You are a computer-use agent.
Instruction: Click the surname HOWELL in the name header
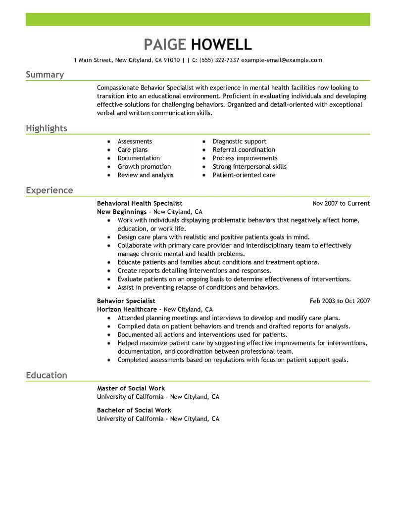point(221,44)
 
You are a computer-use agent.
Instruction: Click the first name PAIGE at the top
point(165,44)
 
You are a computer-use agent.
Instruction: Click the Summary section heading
point(45,75)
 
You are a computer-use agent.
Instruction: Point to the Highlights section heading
point(46,129)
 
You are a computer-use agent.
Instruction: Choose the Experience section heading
point(49,190)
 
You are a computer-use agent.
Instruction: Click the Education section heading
point(46,375)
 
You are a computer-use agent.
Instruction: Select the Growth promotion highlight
point(144,167)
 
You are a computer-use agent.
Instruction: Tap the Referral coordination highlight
point(244,150)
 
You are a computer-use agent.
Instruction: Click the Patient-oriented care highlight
point(244,175)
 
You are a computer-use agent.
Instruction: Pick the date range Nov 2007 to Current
point(341,203)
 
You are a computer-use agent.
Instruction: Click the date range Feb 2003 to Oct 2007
point(340,301)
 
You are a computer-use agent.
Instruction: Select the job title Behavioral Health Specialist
point(140,203)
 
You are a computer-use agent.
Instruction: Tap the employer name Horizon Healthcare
point(128,309)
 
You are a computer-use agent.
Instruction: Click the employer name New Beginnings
point(121,212)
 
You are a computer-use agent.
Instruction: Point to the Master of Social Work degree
point(131,388)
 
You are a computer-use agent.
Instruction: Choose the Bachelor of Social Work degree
point(134,410)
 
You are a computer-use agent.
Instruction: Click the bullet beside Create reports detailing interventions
point(109,271)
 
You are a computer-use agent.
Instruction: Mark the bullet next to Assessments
point(109,142)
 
